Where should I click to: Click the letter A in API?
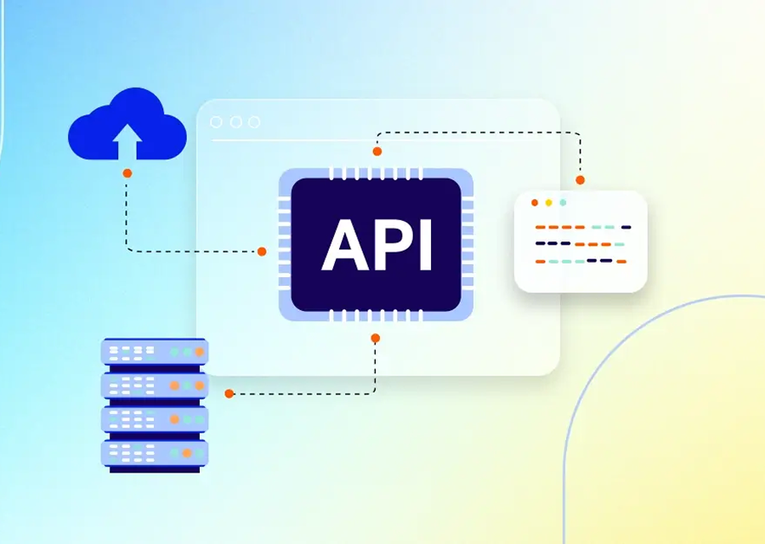click(x=345, y=244)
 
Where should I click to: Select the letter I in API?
click(x=426, y=244)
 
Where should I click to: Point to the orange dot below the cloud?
click(x=127, y=173)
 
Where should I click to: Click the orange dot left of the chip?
click(x=262, y=252)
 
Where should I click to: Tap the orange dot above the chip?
click(x=377, y=152)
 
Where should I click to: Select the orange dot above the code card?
click(x=580, y=180)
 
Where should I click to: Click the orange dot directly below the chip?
click(x=375, y=338)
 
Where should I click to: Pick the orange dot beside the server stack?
click(x=229, y=394)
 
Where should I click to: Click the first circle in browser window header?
click(x=216, y=122)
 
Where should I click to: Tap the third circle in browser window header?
click(x=254, y=122)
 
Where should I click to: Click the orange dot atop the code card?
click(x=535, y=202)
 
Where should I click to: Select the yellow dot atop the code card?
click(x=549, y=202)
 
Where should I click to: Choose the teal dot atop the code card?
click(x=563, y=202)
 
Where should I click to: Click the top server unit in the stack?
click(x=155, y=352)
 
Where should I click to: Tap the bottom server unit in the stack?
click(x=155, y=453)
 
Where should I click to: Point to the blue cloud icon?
click(x=127, y=124)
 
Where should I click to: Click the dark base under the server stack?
click(x=155, y=470)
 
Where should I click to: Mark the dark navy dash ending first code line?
click(x=626, y=227)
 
